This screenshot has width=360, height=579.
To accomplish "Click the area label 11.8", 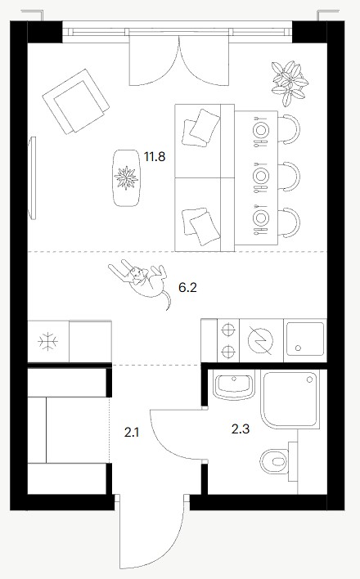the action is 155,157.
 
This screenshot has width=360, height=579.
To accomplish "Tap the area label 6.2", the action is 187,287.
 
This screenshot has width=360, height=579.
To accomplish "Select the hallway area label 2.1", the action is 132,432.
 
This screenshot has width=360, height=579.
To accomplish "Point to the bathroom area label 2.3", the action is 241,429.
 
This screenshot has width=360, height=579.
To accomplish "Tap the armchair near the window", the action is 76,101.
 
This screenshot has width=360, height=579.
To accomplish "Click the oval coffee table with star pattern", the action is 126,177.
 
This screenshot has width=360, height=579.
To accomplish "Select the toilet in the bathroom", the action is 274,461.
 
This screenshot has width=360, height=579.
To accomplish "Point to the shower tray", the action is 289,400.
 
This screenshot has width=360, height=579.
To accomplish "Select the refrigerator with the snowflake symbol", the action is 48,341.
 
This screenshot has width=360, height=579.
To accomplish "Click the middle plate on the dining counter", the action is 261,175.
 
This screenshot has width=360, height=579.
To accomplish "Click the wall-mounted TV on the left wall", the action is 32,178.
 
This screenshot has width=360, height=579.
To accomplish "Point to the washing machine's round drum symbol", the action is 261,339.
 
